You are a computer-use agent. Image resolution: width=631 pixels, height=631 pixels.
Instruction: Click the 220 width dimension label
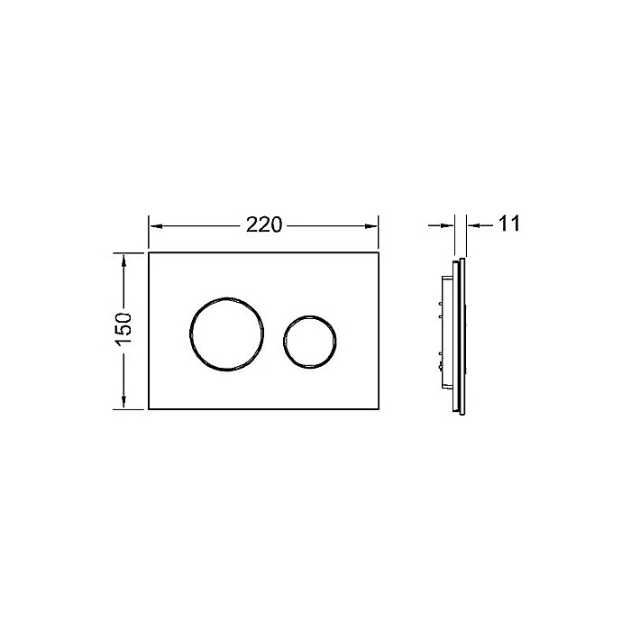click(x=264, y=224)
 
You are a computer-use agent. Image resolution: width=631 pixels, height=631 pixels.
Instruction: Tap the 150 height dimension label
click(x=123, y=330)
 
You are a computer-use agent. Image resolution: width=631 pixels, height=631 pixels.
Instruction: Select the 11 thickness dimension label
click(x=509, y=224)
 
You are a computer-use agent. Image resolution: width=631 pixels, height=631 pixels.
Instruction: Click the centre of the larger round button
click(x=226, y=334)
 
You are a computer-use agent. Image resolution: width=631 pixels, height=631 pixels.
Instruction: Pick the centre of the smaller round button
click(x=310, y=342)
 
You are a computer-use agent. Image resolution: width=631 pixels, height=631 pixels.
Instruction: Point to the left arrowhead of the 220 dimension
click(x=155, y=226)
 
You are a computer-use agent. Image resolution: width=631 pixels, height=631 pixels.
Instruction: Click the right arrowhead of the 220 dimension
click(x=371, y=226)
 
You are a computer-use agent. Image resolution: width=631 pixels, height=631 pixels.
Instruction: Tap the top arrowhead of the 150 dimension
click(x=124, y=260)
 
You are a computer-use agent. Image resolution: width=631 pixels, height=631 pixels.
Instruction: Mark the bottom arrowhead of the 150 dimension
click(x=124, y=402)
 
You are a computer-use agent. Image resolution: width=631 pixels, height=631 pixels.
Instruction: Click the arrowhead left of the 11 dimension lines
click(x=448, y=225)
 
